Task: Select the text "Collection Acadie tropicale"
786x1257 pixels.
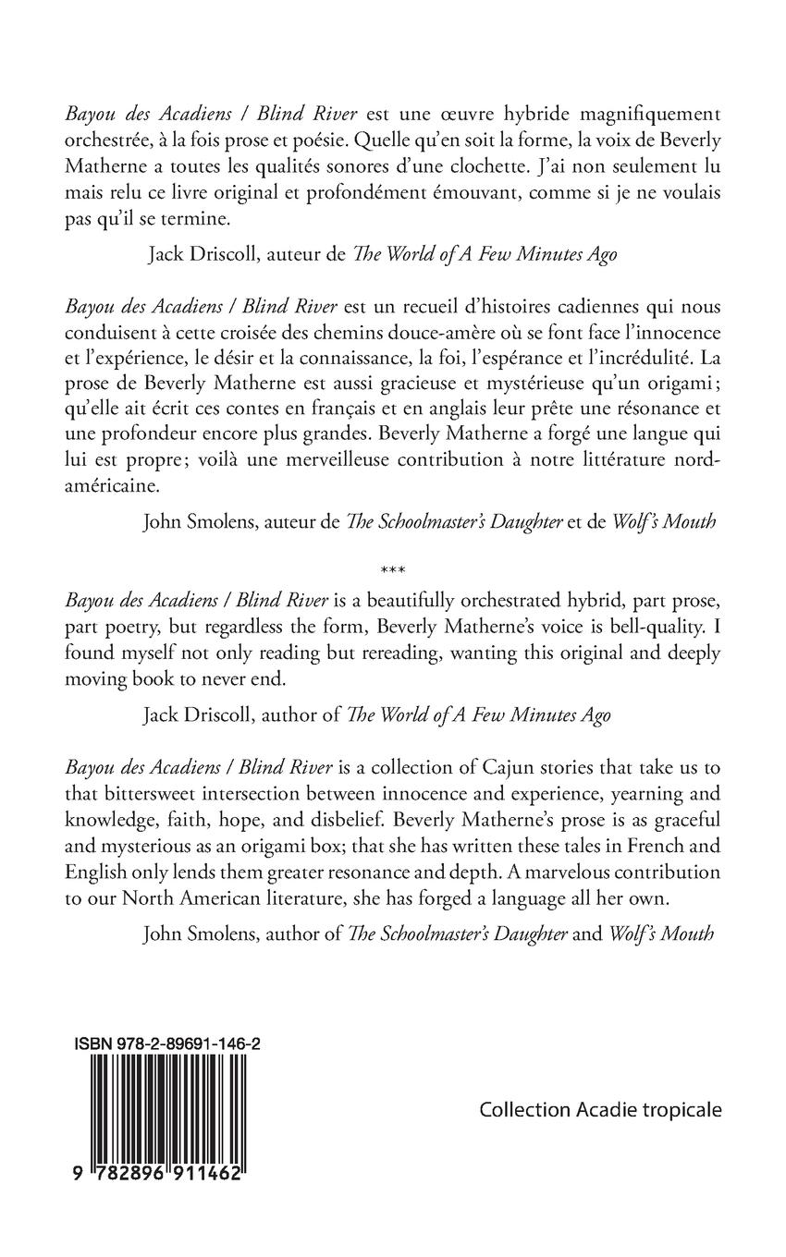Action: coord(600,1110)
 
